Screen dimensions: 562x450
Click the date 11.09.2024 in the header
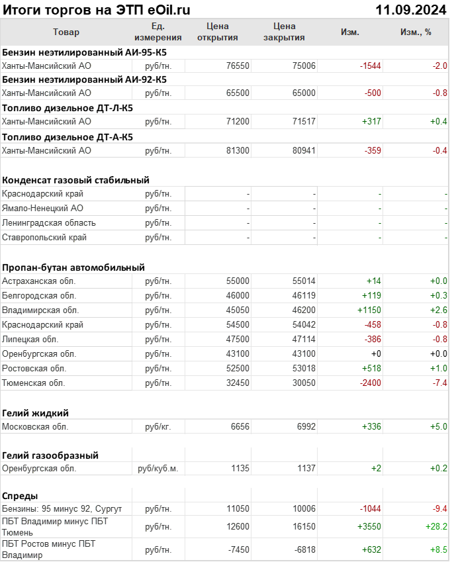pos(410,10)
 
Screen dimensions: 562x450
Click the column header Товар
pos(66,32)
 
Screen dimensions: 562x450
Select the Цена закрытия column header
pos(284,32)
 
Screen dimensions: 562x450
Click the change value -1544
pos(370,66)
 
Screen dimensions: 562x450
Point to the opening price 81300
pos(238,151)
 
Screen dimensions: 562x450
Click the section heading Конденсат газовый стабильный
pos(75,180)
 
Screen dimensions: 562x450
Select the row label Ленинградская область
pos(49,223)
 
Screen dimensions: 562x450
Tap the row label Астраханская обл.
pos(40,281)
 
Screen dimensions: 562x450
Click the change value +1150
pos(369,310)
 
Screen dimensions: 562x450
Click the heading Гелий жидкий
pos(36,413)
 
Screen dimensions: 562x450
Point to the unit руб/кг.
pos(157,427)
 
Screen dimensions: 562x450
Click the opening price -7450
pos(236,549)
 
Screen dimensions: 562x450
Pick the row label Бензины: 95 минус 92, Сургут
pos(62,508)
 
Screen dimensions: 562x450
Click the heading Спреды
pos(20,496)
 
